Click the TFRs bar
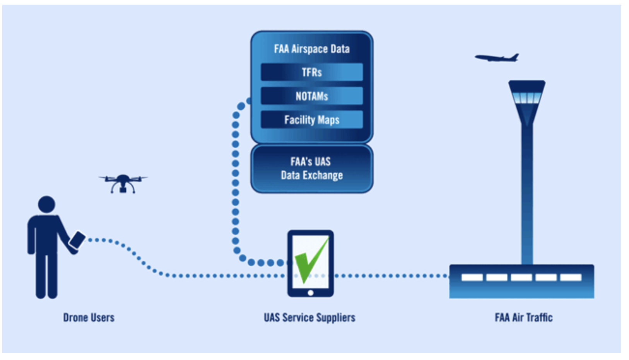tap(312, 72)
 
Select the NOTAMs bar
tap(312, 96)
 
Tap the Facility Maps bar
tap(312, 120)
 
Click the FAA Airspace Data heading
tap(312, 49)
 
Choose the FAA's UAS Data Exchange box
tap(312, 168)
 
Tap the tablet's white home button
tap(311, 293)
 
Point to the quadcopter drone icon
tap(123, 183)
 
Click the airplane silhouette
tap(497, 58)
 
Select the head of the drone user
tap(46, 204)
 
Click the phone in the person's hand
tap(77, 240)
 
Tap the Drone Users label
tap(89, 317)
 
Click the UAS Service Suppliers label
tap(309, 317)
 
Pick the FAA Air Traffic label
tap(523, 317)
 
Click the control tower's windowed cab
tap(526, 97)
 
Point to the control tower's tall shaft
tap(527, 194)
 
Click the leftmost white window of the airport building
tap(472, 277)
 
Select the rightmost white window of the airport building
tap(571, 277)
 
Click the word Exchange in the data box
tap(323, 175)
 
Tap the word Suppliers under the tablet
tap(335, 317)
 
